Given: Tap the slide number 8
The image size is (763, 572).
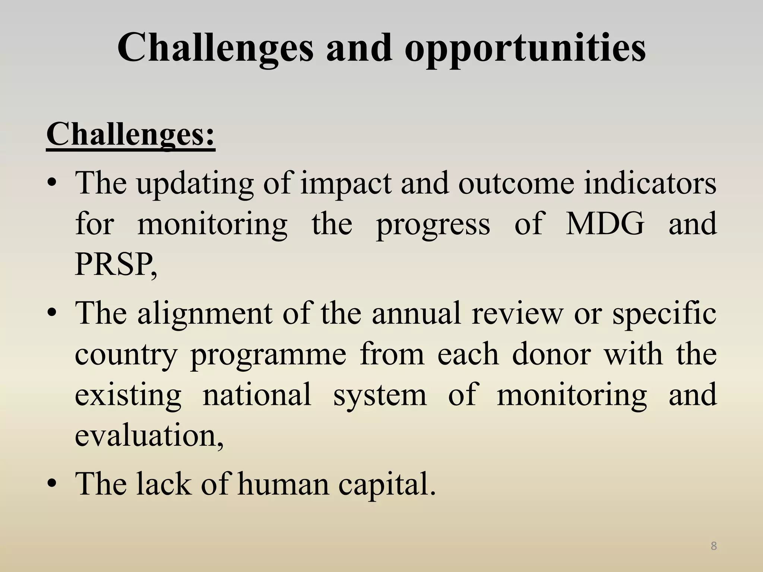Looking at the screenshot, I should (x=714, y=546).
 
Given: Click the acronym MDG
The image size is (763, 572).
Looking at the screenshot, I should (x=605, y=223).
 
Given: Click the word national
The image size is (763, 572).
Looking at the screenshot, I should (x=257, y=395).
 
